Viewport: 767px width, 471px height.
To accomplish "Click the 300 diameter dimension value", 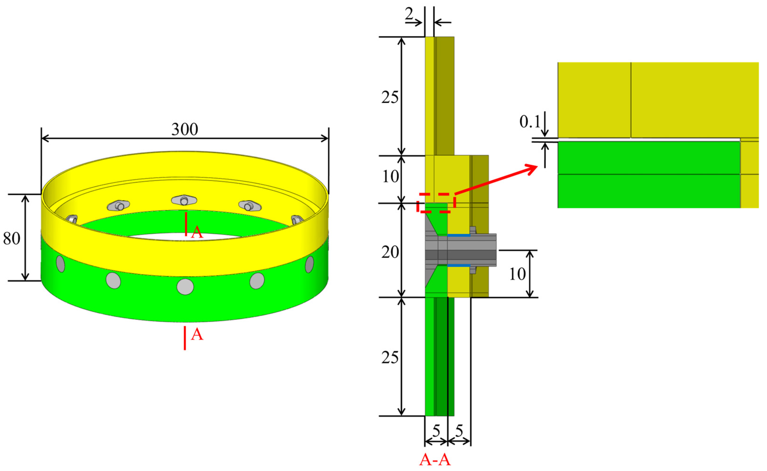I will [185, 129].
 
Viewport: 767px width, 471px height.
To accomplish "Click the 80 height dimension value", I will [11, 239].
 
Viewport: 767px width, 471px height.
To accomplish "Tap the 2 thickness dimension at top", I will [409, 14].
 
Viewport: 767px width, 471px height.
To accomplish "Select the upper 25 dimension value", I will [390, 98].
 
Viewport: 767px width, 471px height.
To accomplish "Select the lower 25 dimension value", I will [390, 358].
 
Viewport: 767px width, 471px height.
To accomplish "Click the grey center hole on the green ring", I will [185, 287].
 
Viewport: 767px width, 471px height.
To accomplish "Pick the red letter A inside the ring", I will [197, 232].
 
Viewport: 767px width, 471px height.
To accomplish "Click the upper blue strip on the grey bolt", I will [459, 235].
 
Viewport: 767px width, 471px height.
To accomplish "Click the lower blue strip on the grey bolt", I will [459, 265].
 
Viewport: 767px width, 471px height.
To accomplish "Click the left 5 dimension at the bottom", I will [436, 431].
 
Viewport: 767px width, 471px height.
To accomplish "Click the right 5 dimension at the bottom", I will [459, 431].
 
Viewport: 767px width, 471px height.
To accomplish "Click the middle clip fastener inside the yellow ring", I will [184, 200].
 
